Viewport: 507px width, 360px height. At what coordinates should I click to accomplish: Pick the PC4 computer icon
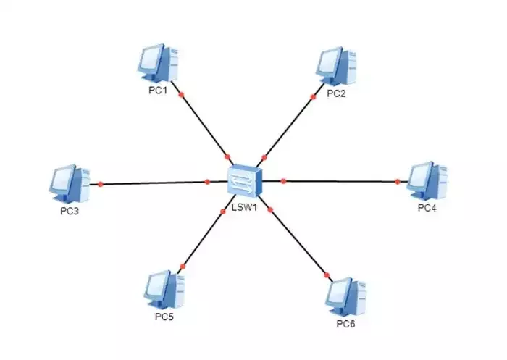click(427, 180)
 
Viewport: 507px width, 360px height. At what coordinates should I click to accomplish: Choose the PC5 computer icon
click(163, 289)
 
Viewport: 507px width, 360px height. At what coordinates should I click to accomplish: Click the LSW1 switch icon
click(244, 180)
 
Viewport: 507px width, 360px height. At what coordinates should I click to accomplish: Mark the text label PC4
click(428, 209)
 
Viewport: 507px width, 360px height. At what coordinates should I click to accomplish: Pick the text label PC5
click(163, 317)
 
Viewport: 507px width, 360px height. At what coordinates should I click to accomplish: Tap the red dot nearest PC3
click(101, 184)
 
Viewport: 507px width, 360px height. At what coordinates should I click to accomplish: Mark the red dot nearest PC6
click(327, 275)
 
